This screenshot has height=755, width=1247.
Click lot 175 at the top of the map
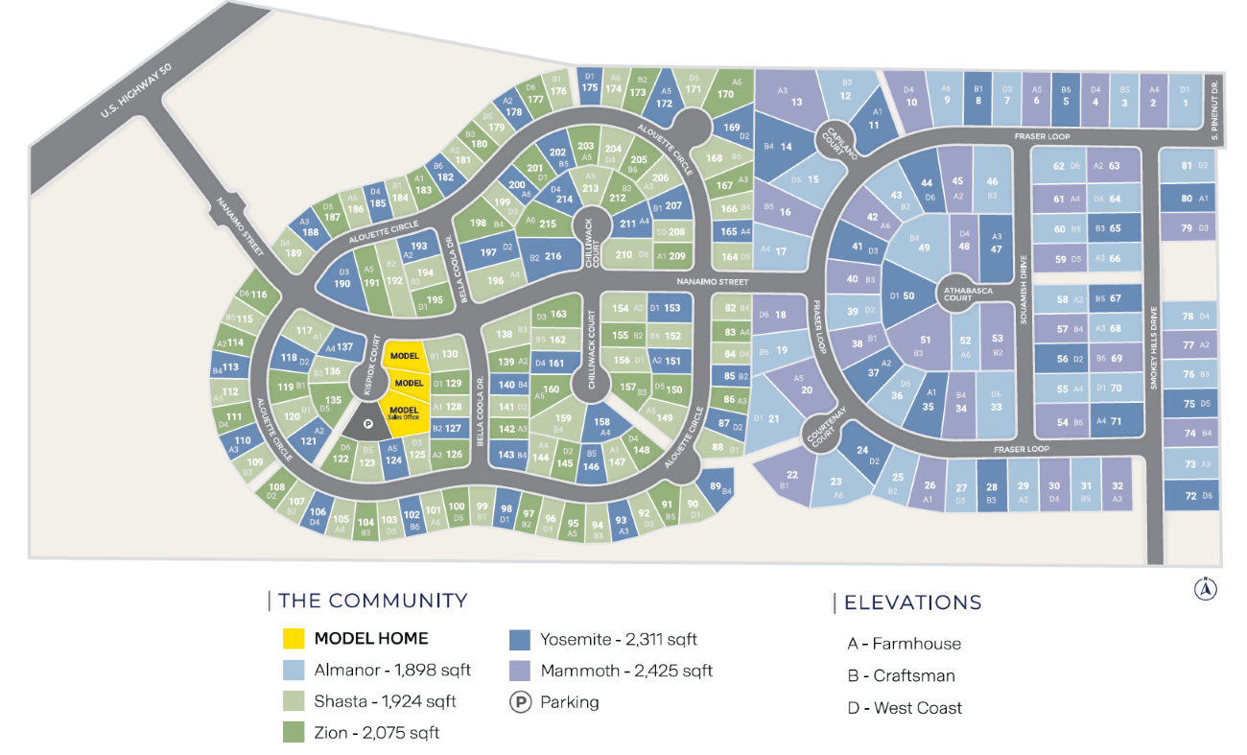(590, 85)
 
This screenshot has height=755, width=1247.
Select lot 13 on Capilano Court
(792, 100)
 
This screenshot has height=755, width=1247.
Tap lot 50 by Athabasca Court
(905, 296)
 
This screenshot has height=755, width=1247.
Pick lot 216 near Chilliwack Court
(548, 256)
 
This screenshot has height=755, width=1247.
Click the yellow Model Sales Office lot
(406, 414)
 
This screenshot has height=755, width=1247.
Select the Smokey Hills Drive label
(1154, 347)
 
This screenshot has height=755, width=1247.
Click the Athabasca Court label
(957, 293)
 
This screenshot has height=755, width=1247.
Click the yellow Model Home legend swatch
(294, 639)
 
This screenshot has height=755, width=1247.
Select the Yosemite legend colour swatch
(520, 640)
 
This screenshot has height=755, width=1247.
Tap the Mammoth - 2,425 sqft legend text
(626, 671)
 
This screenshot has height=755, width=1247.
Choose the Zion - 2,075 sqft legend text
(377, 733)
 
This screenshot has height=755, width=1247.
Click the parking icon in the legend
(520, 702)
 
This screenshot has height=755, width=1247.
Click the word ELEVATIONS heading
(912, 602)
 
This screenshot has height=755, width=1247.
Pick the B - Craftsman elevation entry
(901, 675)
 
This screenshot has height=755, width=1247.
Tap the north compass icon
(1205, 589)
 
